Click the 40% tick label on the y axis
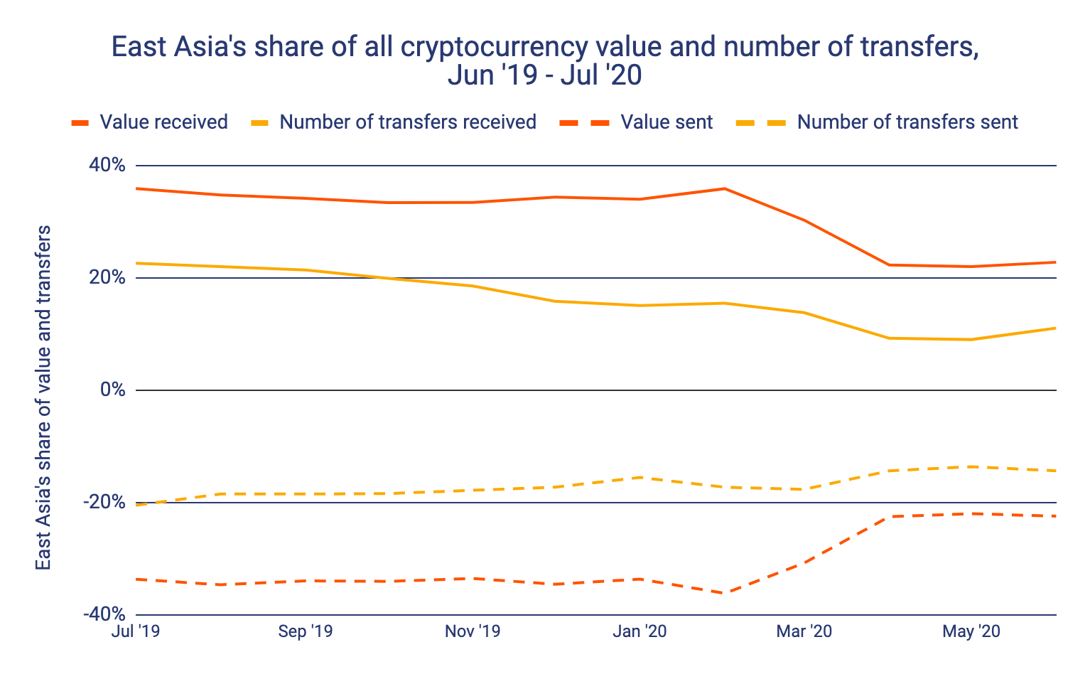point(107,166)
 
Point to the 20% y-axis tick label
point(107,278)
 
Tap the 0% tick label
point(112,390)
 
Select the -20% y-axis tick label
point(104,503)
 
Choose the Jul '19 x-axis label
point(136,631)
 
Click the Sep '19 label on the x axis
point(306,631)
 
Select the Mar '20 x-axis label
point(804,631)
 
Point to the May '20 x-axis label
point(971,631)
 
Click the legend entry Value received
point(163,122)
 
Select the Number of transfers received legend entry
point(407,122)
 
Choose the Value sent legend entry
point(666,122)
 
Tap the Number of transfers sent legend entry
point(907,122)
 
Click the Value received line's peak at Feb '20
point(724,188)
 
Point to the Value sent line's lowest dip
point(724,593)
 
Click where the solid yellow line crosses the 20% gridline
point(389,278)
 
